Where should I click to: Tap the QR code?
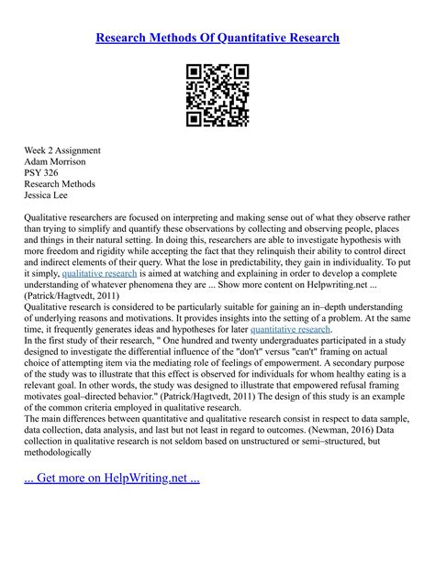click(217, 95)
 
